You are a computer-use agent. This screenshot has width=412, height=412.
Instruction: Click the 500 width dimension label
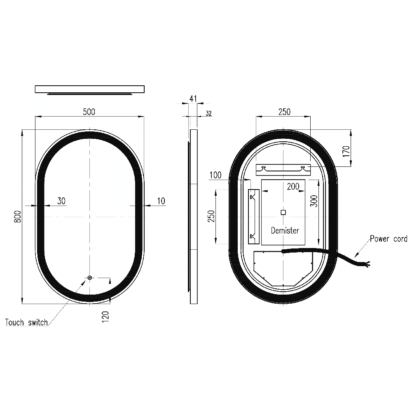(89, 112)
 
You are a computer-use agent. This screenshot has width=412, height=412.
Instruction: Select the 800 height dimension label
(17, 217)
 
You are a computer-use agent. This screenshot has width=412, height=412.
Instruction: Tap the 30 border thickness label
(61, 201)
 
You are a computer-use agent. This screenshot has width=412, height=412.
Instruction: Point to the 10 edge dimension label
(161, 201)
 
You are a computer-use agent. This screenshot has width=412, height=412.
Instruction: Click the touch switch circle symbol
(89, 277)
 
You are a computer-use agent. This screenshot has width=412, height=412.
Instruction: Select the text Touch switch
(26, 322)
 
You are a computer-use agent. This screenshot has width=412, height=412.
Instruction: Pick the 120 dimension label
(105, 317)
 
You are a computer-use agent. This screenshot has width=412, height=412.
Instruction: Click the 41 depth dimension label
(193, 99)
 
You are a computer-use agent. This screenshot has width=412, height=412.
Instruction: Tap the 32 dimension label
(208, 113)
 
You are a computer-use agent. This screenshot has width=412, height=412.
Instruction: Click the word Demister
(285, 230)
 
